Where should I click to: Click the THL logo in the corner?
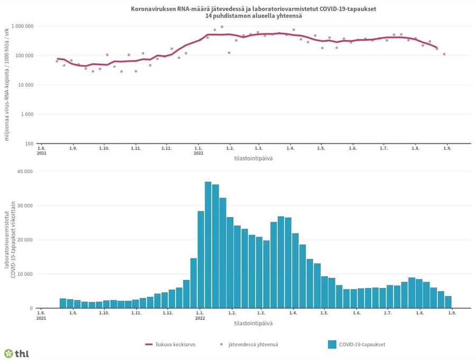click(16, 353)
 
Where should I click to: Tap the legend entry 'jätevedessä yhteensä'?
click(249, 344)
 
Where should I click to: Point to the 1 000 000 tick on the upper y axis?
click(22, 26)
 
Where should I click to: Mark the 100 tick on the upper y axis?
click(30, 143)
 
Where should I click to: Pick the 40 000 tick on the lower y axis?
click(25, 172)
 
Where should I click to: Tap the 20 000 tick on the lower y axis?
click(25, 240)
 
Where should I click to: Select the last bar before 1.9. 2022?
click(448, 302)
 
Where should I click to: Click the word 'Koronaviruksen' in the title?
click(152, 9)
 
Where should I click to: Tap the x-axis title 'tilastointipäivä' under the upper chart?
click(253, 158)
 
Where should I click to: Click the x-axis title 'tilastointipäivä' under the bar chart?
click(253, 323)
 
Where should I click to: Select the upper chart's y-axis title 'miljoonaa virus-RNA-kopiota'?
click(7, 85)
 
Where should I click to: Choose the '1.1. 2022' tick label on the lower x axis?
click(199, 316)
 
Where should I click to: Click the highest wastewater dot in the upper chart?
click(222, 26)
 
